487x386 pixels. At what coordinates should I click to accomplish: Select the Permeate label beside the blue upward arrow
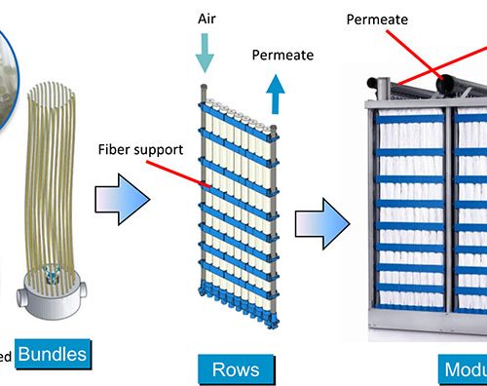click(x=282, y=55)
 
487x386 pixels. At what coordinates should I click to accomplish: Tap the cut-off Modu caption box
click(x=459, y=369)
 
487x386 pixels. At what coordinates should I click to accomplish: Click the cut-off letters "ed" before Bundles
click(x=6, y=357)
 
